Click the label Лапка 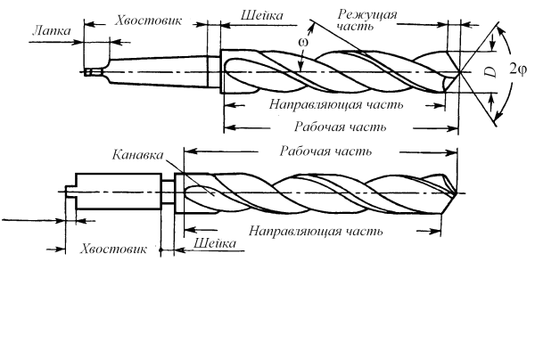tap(49, 29)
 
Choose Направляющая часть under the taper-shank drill tap(335, 103)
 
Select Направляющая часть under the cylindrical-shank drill tap(316, 230)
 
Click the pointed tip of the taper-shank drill tap(459, 71)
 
